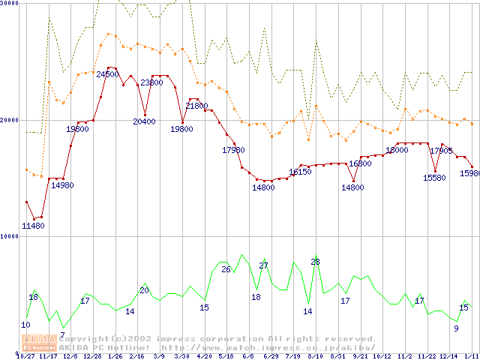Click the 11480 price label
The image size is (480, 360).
coord(33,226)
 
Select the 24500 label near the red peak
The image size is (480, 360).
coord(108,74)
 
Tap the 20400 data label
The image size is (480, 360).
coord(144,121)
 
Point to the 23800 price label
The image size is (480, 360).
coord(151,82)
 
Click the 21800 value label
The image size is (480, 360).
coord(196,106)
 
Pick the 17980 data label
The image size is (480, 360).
coord(233,150)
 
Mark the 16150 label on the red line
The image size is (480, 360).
coord(300,172)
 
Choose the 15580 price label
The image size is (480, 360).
coord(434,178)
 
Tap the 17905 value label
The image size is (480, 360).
coord(441,150)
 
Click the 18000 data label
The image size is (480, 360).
coord(397,150)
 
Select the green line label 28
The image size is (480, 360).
coord(315,261)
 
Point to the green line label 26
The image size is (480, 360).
coord(225,268)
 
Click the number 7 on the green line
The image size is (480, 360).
coord(62,334)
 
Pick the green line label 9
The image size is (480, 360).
coord(455,328)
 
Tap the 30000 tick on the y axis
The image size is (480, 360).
coord(10,4)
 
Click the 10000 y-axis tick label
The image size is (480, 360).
coord(10,236)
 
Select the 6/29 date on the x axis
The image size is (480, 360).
coord(271,356)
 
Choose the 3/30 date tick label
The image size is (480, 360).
coord(181,356)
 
